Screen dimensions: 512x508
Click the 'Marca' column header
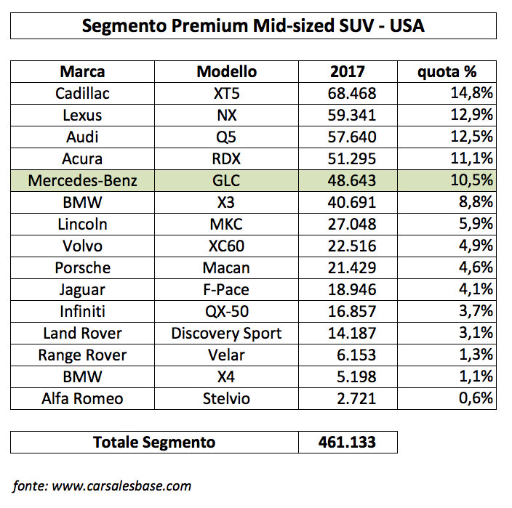[82, 71]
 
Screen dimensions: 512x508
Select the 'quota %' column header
[447, 72]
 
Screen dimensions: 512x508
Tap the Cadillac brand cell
[82, 93]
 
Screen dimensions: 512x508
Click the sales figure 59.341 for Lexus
[352, 115]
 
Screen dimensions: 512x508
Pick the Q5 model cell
[226, 137]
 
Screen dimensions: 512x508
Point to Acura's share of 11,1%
[471, 158]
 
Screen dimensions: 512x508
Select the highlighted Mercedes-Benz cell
[82, 180]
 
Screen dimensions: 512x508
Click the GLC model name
[226, 180]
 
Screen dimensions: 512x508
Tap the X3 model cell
[226, 202]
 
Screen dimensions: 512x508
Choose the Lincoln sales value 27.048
[352, 224]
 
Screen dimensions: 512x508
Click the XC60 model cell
[226, 246]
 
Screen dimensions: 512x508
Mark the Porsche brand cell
[83, 268]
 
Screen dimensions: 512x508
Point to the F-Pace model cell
[226, 290]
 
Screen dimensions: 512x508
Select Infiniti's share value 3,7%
[476, 310]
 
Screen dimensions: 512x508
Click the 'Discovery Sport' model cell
[226, 334]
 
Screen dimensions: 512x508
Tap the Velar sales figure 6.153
[356, 355]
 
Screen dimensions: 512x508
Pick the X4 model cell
[226, 377]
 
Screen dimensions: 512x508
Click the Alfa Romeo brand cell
[82, 399]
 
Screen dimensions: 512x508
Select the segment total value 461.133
[347, 443]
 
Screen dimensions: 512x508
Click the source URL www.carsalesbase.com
[121, 486]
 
